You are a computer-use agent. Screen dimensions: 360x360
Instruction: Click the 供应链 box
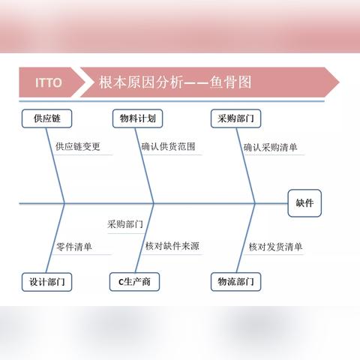pos(46,118)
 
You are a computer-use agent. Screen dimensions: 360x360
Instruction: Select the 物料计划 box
pos(137,118)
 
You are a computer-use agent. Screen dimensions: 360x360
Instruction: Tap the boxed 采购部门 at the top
pos(235,118)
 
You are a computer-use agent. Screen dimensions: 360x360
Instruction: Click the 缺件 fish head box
pos(304,203)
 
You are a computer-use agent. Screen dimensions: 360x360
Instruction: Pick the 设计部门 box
pos(46,282)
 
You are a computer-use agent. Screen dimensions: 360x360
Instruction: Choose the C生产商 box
pos(134,282)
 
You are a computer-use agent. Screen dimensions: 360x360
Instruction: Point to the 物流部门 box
pos(235,282)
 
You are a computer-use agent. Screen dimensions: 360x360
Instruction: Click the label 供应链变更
pos(78,146)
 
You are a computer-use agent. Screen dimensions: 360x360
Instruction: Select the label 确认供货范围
pos(168,146)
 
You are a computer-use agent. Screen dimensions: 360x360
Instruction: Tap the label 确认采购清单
pos(271,147)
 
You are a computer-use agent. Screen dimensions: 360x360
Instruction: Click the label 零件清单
pos(74,247)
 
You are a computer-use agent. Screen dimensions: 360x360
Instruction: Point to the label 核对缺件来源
pos(172,246)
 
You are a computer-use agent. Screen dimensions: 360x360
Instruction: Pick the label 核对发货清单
pos(275,247)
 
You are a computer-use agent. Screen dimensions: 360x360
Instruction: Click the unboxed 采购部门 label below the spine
pos(125,224)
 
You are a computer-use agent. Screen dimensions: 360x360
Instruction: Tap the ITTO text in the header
pos(49,82)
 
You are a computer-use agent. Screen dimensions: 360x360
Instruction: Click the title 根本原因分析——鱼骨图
pos(175,82)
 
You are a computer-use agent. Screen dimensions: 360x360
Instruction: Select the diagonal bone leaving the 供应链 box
pos(55,166)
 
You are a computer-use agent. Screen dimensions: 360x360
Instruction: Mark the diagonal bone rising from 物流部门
pos(246,238)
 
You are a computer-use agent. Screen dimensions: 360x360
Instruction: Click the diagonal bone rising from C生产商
pos(145,238)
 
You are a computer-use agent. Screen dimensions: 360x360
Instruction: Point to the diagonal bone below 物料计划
pos(145,166)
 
